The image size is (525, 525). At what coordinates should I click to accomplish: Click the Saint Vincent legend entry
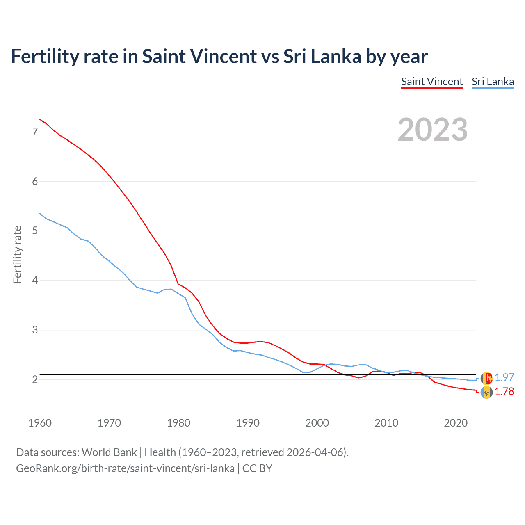[432, 82]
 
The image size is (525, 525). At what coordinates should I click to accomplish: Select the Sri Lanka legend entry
[493, 82]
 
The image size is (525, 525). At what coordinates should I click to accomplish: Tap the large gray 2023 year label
[433, 130]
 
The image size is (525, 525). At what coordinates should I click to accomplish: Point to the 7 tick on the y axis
[35, 132]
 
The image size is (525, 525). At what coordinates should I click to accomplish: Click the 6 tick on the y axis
[35, 181]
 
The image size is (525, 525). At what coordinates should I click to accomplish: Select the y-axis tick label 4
[35, 281]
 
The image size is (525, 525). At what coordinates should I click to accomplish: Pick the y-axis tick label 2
[35, 379]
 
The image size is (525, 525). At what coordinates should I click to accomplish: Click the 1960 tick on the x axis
[40, 423]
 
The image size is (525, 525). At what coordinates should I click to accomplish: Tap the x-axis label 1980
[178, 423]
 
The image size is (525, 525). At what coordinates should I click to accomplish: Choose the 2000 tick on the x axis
[317, 423]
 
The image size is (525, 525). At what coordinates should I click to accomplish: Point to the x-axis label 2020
[456, 423]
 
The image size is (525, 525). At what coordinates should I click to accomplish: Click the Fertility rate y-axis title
[17, 254]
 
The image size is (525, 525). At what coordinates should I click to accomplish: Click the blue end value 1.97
[504, 377]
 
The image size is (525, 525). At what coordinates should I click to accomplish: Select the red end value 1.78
[504, 392]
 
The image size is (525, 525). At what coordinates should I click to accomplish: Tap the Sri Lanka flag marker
[486, 378]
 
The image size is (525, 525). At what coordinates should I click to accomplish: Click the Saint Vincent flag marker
[486, 393]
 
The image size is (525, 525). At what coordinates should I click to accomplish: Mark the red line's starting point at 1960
[40, 119]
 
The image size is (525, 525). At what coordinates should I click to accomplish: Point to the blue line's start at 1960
[40, 213]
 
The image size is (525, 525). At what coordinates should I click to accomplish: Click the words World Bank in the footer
[109, 452]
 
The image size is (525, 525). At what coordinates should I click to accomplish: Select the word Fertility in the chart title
[43, 56]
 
